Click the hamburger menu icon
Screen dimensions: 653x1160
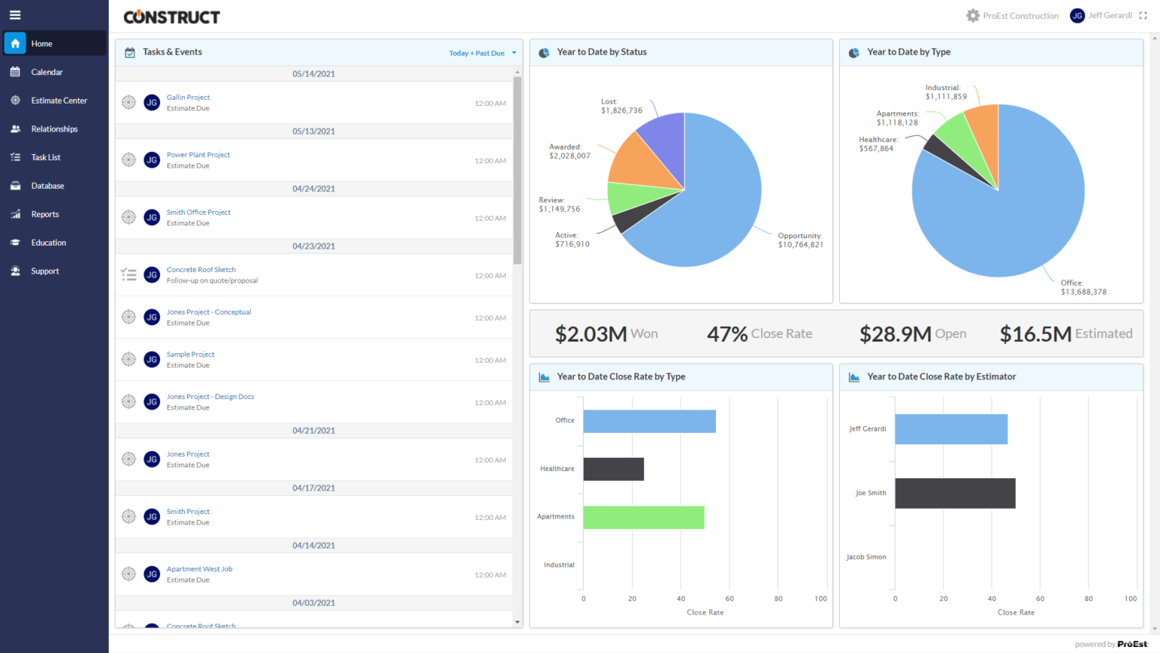pyautogui.click(x=15, y=15)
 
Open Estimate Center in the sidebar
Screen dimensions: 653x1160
pyautogui.click(x=59, y=101)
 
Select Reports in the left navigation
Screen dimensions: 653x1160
pyautogui.click(x=45, y=215)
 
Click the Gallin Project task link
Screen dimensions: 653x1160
pyautogui.click(x=188, y=97)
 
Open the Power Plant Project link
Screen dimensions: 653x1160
pyautogui.click(x=198, y=155)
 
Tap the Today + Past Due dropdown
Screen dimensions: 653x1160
pyautogui.click(x=482, y=53)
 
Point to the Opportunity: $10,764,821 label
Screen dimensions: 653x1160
pyautogui.click(x=800, y=240)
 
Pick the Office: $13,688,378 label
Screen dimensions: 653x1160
pyautogui.click(x=1083, y=287)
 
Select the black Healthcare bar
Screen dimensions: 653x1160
pyautogui.click(x=613, y=469)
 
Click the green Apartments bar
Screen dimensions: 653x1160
pyautogui.click(x=643, y=518)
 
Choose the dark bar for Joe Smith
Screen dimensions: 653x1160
pyautogui.click(x=955, y=494)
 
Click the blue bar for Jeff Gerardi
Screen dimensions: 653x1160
pyautogui.click(x=951, y=429)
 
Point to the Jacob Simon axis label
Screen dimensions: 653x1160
pyautogui.click(x=866, y=557)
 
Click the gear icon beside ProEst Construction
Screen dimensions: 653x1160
pyautogui.click(x=973, y=16)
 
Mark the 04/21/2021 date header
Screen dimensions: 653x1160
pyautogui.click(x=313, y=431)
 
